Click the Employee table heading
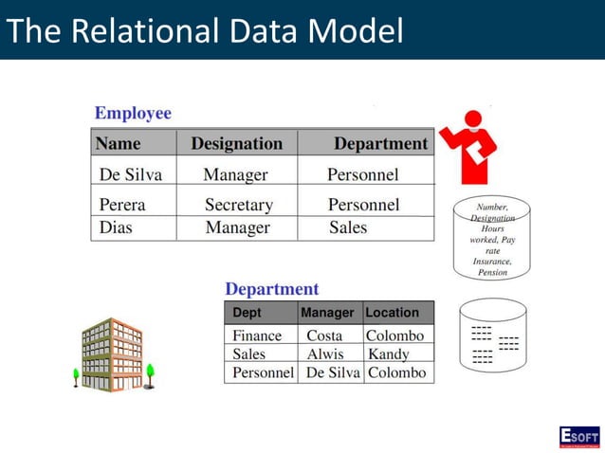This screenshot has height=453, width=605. (x=133, y=114)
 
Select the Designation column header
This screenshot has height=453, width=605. (x=236, y=144)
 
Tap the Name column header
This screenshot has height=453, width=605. (x=119, y=144)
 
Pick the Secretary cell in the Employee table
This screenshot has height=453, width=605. (x=238, y=205)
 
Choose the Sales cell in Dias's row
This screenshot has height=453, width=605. (x=347, y=228)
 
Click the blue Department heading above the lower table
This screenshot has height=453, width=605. (x=271, y=289)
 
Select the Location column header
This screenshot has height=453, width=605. (x=392, y=313)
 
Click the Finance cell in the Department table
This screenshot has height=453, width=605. (x=257, y=335)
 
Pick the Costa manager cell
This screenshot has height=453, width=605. (x=324, y=335)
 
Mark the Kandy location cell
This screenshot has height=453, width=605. (x=388, y=354)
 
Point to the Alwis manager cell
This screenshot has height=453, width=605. (x=325, y=354)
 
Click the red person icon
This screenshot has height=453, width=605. (x=469, y=147)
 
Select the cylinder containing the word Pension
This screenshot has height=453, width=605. (x=491, y=239)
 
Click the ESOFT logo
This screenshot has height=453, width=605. (x=578, y=437)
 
